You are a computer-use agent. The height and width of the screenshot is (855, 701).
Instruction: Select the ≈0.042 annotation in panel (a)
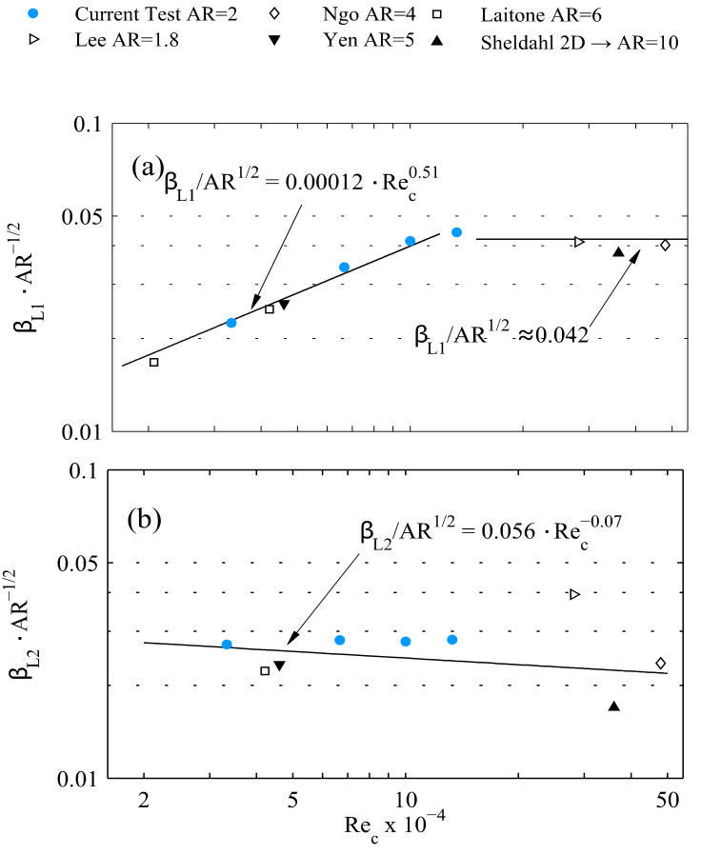tap(499, 334)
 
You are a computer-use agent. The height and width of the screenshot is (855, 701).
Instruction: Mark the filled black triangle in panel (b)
tap(614, 706)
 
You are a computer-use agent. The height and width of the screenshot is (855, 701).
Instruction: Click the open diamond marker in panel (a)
tap(665, 245)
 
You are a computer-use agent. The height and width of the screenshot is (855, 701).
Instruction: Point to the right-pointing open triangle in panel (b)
tap(574, 594)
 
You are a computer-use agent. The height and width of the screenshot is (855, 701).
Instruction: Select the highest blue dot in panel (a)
tap(456, 232)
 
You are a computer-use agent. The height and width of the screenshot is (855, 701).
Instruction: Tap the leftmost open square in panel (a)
tap(154, 362)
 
